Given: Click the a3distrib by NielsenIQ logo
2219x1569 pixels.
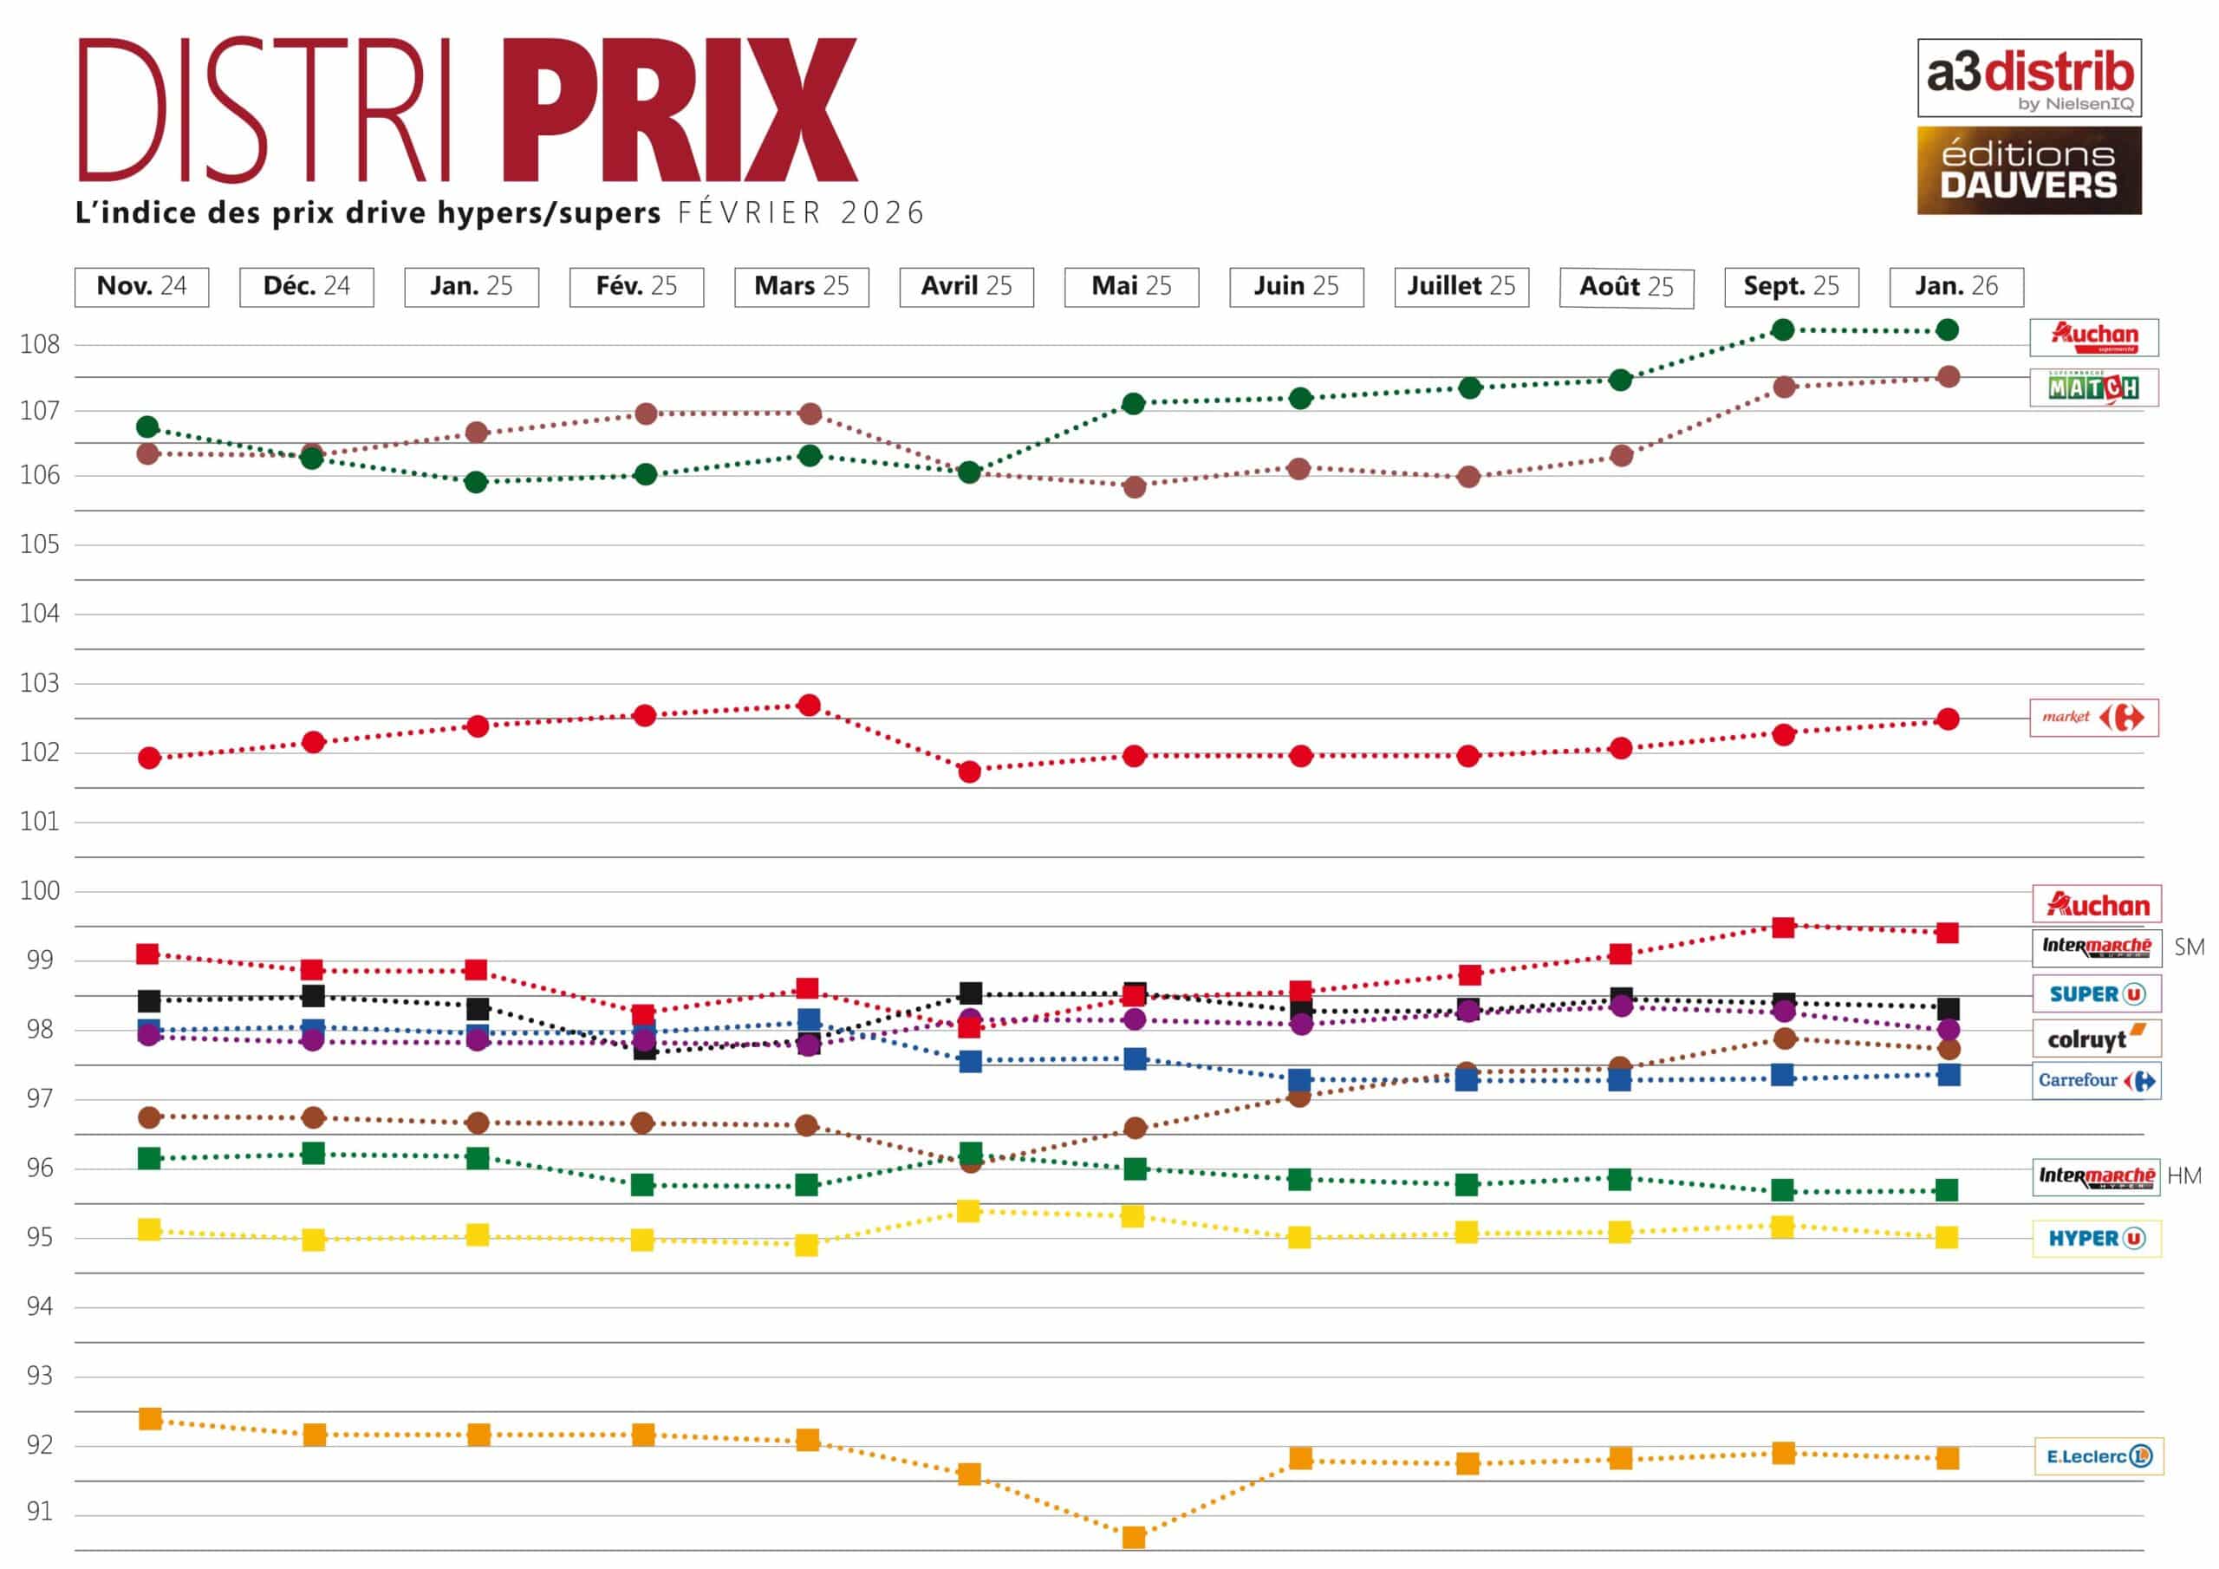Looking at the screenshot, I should (x=2028, y=77).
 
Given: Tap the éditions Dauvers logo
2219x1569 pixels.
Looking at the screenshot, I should (x=2028, y=170).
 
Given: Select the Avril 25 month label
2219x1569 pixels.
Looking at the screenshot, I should (x=966, y=287).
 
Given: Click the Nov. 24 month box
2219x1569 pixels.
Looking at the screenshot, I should (x=141, y=287).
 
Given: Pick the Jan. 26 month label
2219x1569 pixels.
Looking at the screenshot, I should (x=1956, y=287).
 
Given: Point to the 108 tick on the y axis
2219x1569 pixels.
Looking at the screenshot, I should (x=40, y=344).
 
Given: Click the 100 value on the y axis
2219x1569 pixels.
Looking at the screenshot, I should (x=40, y=890).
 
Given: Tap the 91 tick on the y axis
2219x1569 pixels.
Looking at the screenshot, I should (x=40, y=1512).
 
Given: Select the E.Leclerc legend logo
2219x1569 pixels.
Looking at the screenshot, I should (x=2099, y=1456).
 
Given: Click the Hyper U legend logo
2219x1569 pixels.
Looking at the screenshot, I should (x=2096, y=1239).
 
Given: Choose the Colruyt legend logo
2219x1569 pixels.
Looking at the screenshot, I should (x=2096, y=1039).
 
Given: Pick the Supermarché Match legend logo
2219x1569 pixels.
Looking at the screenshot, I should (x=2093, y=387).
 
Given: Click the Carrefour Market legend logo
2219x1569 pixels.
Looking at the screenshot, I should (x=2093, y=717).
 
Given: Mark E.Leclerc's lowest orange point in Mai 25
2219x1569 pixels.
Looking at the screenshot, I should (x=1134, y=1537).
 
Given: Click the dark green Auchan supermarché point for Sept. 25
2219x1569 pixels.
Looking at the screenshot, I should (x=1783, y=329).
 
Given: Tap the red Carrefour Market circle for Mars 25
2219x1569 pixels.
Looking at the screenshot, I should (x=810, y=706).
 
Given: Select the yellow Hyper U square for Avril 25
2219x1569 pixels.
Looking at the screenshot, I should (x=968, y=1211).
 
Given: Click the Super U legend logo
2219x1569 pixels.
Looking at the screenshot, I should (x=2096, y=993).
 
